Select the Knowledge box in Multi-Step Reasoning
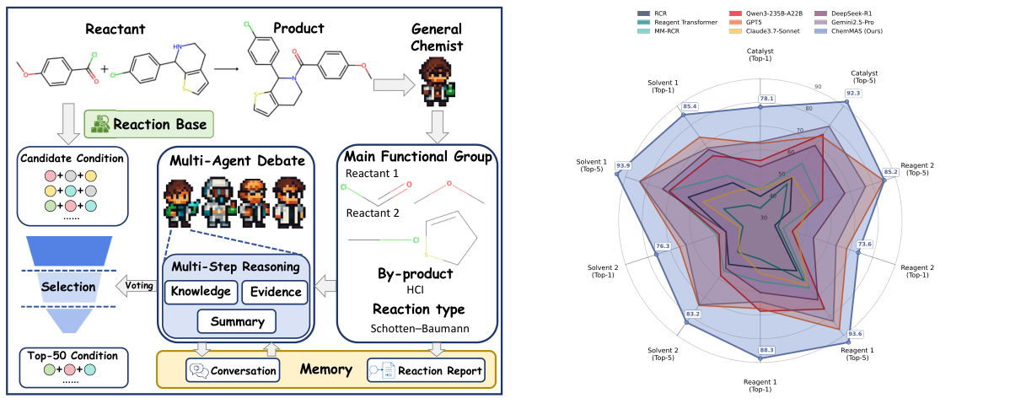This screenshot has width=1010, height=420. [199, 292]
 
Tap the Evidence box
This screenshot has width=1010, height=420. [275, 292]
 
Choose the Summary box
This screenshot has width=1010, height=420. [237, 321]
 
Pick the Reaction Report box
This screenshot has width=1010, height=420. [427, 370]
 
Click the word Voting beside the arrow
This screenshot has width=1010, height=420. [139, 285]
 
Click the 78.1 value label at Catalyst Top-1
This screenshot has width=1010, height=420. [766, 99]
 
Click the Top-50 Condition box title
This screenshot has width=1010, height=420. [70, 355]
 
